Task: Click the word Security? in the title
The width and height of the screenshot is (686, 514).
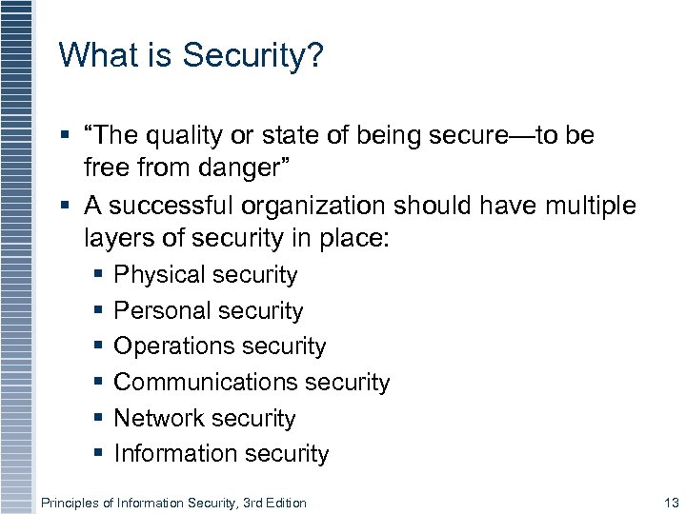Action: [253, 55]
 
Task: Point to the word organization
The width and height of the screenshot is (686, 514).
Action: [319, 206]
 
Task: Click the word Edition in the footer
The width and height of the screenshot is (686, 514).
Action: [284, 503]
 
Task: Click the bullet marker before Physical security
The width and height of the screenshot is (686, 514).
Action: [99, 275]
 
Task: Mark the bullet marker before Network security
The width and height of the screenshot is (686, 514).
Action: [99, 419]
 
